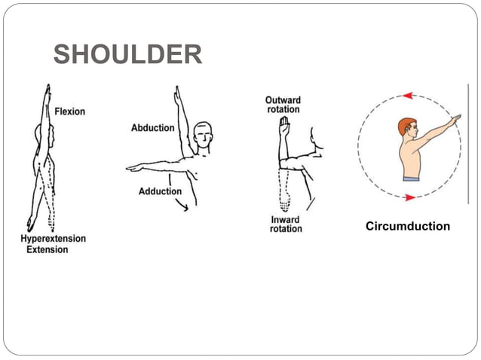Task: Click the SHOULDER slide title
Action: [127, 55]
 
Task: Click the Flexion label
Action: [69, 111]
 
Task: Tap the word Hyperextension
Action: [53, 239]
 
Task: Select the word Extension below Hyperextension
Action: [47, 249]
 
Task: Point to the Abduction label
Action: [153, 127]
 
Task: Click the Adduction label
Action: [160, 191]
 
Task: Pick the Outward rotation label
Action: [283, 105]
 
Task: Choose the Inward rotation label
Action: [286, 224]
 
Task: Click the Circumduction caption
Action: [407, 226]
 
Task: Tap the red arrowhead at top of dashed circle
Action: [408, 96]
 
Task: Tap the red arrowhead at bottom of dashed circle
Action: [409, 197]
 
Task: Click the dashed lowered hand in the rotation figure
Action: [284, 202]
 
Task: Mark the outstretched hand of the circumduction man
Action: [455, 118]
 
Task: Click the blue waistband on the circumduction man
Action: [411, 178]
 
